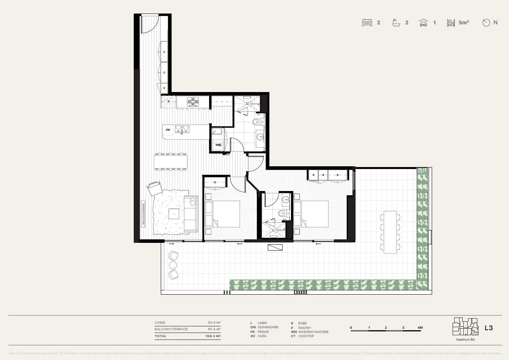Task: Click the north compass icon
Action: point(486,23)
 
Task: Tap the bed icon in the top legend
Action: point(367,23)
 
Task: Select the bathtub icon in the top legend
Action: point(396,23)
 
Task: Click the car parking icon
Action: point(423,23)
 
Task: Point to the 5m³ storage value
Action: point(464,23)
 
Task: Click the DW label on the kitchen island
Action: point(168,130)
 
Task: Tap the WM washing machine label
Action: point(218,145)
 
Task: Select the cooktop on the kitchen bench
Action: point(193,102)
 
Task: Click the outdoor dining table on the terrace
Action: point(390,232)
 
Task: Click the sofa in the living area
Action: point(191,214)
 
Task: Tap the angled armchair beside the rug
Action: point(155,188)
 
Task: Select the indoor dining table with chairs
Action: point(170,161)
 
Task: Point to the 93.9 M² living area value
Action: point(214,322)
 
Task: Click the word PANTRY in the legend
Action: point(305,328)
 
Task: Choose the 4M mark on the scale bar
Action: point(420,328)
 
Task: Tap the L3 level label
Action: point(489,328)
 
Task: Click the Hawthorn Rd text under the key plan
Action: point(465,340)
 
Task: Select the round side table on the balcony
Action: point(172,265)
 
